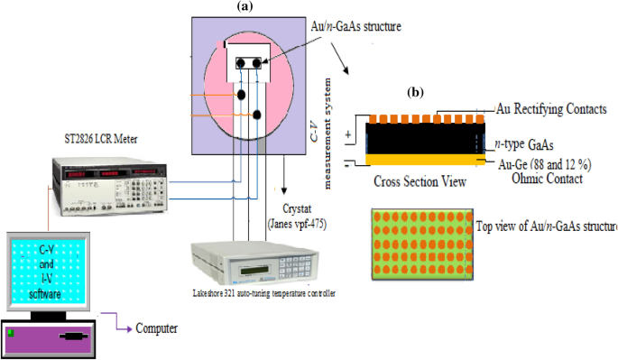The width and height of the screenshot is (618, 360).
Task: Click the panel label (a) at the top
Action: click(x=243, y=6)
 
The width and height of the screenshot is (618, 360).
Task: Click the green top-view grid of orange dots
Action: click(x=420, y=243)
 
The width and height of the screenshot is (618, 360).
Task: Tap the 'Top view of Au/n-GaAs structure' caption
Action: click(x=547, y=225)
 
